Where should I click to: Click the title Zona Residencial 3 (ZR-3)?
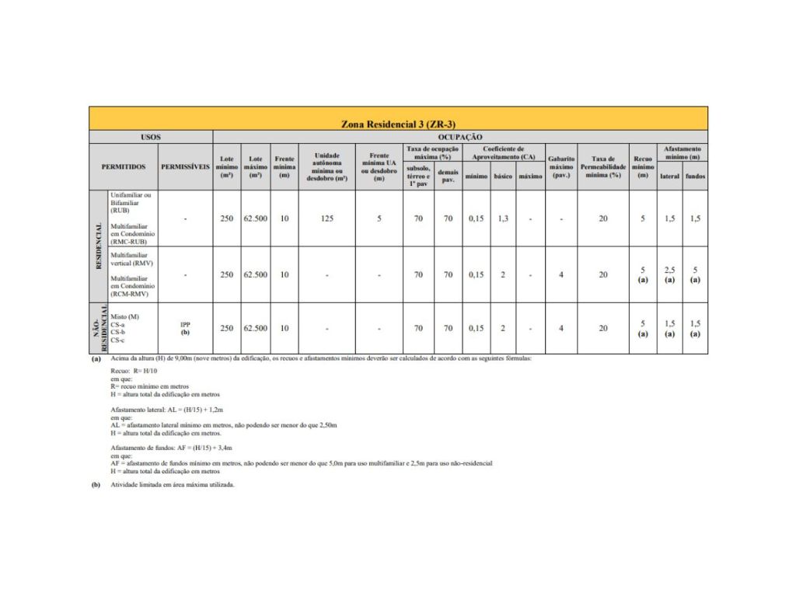click(398, 124)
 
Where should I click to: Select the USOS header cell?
click(151, 137)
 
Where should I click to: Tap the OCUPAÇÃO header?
click(460, 137)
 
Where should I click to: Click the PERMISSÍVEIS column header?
click(185, 166)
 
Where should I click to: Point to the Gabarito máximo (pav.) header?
click(561, 166)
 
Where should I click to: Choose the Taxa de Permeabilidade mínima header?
click(602, 166)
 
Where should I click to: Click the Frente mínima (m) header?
click(285, 166)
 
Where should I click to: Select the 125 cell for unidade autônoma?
click(326, 218)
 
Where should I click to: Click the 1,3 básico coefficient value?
click(503, 218)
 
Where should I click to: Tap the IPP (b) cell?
click(185, 328)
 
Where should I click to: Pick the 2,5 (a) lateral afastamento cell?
click(669, 274)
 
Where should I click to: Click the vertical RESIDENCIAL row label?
click(99, 246)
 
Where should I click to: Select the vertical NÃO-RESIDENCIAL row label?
click(99, 328)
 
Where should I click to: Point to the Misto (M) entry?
click(125, 316)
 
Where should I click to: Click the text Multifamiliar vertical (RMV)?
click(132, 259)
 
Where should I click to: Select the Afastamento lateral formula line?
click(166, 408)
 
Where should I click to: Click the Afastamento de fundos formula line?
click(172, 449)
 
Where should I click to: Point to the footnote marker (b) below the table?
click(96, 484)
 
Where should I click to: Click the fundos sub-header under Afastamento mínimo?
click(695, 176)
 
